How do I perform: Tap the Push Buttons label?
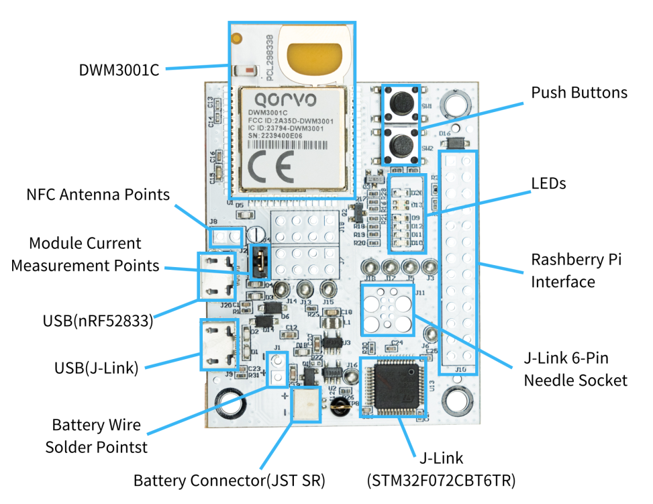(x=579, y=93)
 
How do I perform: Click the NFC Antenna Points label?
(x=98, y=195)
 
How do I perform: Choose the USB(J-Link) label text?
(x=96, y=368)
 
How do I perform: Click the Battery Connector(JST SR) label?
(x=229, y=481)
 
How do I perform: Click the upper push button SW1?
(x=401, y=102)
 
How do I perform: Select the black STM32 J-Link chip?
(x=392, y=387)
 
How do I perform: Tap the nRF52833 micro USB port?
(x=217, y=276)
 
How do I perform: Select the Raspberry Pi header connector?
(x=458, y=262)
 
